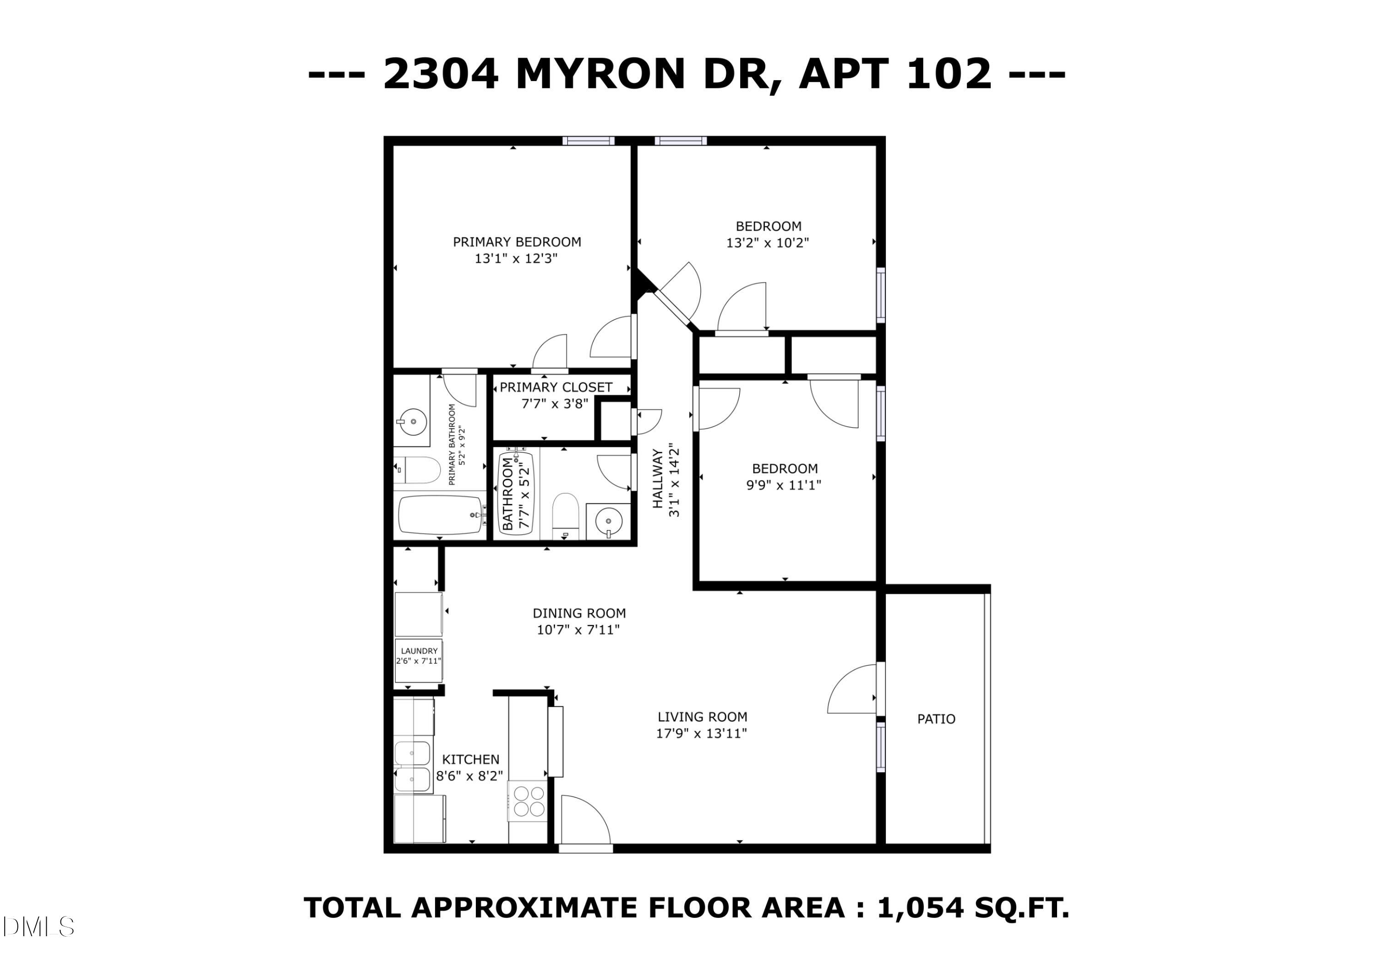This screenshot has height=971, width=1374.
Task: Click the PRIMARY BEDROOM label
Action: (517, 242)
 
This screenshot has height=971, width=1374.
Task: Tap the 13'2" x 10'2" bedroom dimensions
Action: (767, 243)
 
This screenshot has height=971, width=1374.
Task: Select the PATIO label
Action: (936, 719)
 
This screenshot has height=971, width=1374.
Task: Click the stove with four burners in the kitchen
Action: (529, 801)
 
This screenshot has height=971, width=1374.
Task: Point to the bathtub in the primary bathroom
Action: (441, 515)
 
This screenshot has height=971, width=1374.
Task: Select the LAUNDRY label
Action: (419, 651)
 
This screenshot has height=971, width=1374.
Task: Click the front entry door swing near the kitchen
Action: (583, 819)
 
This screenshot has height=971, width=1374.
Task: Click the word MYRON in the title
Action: (600, 74)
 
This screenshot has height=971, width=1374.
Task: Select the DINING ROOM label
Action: (579, 613)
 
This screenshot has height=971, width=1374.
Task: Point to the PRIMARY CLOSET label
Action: (556, 387)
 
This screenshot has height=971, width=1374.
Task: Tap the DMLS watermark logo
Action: (37, 927)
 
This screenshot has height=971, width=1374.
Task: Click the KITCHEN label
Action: (470, 759)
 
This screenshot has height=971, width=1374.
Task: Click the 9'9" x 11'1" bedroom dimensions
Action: (783, 485)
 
